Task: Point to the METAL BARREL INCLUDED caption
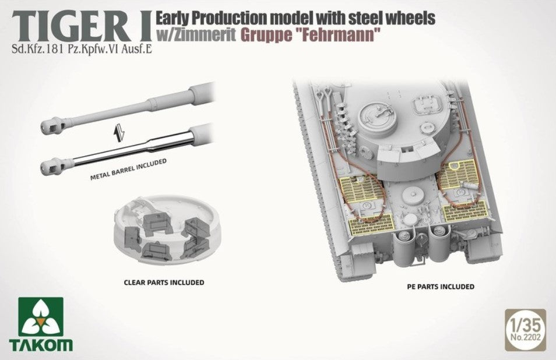(x=128, y=169)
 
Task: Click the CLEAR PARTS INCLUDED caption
(x=164, y=283)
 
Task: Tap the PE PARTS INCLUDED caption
(x=441, y=286)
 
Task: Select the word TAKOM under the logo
(x=41, y=345)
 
